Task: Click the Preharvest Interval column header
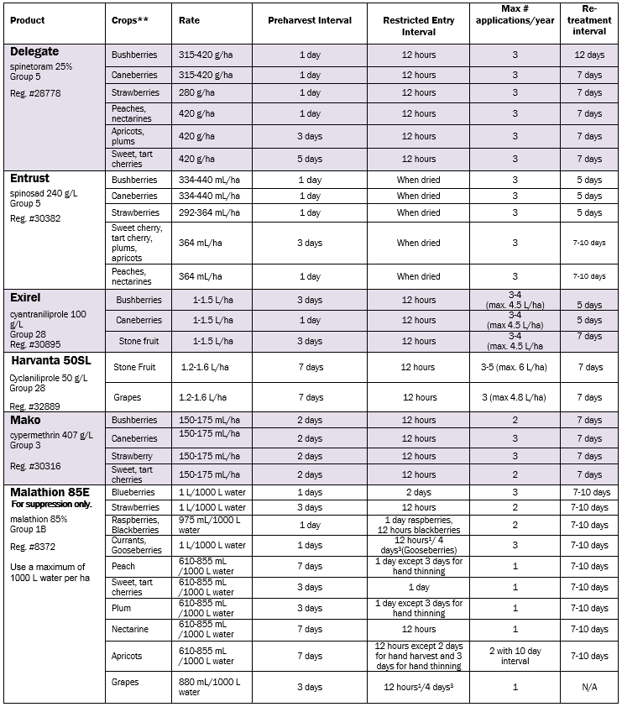coord(310,20)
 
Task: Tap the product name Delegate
coord(34,51)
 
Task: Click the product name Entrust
coord(30,178)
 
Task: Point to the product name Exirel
coord(25,297)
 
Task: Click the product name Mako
coord(25,418)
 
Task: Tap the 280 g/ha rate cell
coord(196,92)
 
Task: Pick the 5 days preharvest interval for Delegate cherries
coord(310,159)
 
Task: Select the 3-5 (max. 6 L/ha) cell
coord(515,367)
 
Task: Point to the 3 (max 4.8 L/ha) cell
coord(515,397)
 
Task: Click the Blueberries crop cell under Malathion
coord(134,492)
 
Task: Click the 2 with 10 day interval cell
coord(515,656)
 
